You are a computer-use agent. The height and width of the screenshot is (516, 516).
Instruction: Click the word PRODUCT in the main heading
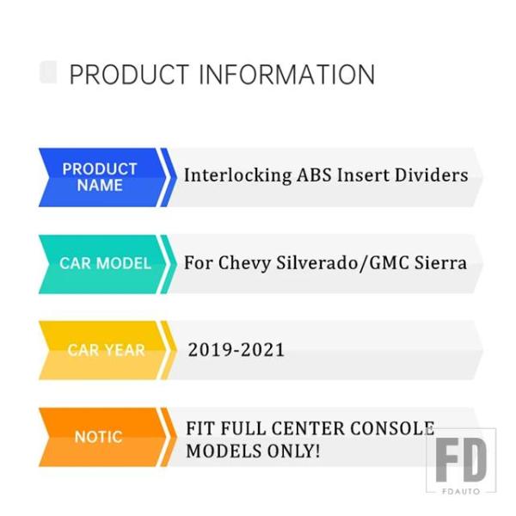129,74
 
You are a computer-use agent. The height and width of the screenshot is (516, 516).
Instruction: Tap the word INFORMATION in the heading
286,74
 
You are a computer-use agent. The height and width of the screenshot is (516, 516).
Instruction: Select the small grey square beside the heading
48,72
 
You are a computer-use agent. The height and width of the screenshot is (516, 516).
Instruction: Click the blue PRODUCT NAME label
100,177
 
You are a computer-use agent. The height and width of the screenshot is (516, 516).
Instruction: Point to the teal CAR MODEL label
105,263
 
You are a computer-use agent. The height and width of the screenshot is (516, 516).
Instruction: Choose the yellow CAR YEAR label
106,350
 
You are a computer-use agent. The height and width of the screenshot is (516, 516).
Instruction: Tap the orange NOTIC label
98,437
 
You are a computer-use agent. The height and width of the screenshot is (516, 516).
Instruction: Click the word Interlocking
237,175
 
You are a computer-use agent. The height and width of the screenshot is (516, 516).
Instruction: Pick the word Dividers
431,175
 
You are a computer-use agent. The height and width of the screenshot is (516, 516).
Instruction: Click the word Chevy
244,263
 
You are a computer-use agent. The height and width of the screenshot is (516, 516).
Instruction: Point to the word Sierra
440,262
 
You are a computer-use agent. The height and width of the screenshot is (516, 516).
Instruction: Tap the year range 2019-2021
236,349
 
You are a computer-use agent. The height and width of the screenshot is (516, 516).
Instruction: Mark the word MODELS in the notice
224,451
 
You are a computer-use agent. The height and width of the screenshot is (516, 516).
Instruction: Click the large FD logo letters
461,459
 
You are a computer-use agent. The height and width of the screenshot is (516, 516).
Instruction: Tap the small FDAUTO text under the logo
461,492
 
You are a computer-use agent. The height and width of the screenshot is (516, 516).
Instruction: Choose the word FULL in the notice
243,428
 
